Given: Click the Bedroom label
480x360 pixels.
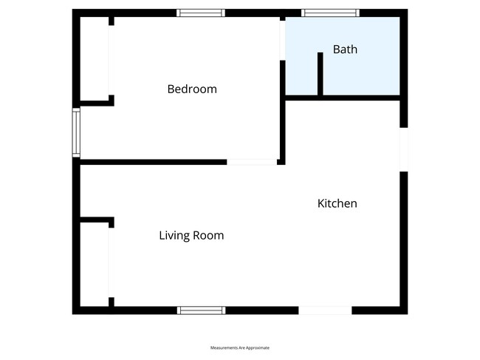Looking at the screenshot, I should (x=192, y=89).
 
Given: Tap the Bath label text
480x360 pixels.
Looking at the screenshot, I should (x=345, y=50).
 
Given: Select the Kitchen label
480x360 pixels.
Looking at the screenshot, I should (x=337, y=203).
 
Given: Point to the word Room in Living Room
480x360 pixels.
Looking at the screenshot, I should (x=209, y=236).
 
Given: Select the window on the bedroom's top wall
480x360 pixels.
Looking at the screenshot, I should (x=200, y=13).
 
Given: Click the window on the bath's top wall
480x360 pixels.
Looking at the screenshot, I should (x=331, y=13).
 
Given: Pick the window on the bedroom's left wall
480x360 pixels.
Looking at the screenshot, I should (x=76, y=132).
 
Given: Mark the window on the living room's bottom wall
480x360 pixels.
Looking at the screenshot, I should (x=201, y=310).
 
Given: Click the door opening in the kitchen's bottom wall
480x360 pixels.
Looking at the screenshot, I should (x=325, y=310).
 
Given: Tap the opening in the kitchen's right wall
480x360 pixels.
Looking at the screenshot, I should (x=403, y=149).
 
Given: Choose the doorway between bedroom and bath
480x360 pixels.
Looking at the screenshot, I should (x=282, y=39).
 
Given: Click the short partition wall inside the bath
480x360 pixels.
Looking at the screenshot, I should (x=320, y=73).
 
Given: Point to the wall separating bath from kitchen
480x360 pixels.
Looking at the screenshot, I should (x=343, y=97).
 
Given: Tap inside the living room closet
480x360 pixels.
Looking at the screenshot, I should (x=95, y=263).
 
